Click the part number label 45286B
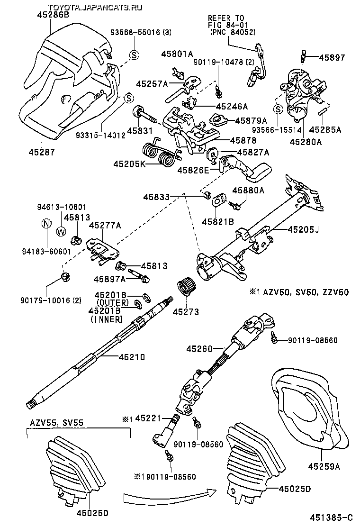point(53,15)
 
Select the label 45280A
point(306,141)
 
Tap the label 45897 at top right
point(332,57)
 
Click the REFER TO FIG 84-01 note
point(232,25)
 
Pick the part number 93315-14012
point(100,135)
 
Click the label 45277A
point(105,225)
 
